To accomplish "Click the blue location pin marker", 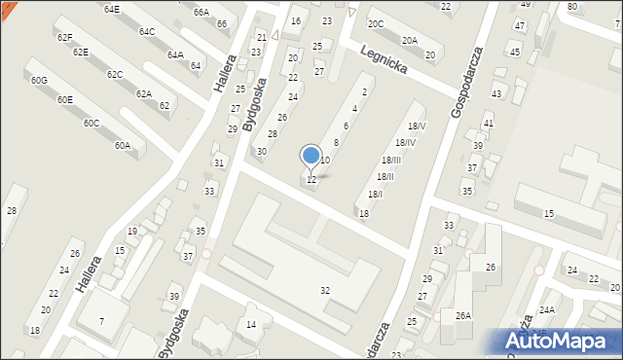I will click(311, 156).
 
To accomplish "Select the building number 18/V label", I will click(417, 126).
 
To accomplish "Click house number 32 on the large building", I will click(325, 291).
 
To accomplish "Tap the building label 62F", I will click(64, 37).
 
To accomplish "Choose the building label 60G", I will click(38, 80).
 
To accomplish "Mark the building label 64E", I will click(111, 9).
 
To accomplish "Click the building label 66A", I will click(201, 13).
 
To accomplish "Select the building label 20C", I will click(375, 23).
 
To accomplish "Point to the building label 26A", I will click(463, 315).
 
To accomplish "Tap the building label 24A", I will click(547, 309).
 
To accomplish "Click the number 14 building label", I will click(251, 324).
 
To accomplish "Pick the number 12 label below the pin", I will click(311, 180).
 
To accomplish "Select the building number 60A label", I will click(122, 146).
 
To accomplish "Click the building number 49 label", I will click(525, 5).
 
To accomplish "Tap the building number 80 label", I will click(571, 7).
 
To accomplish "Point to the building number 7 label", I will click(101, 322).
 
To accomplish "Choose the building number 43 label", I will click(496, 93).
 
